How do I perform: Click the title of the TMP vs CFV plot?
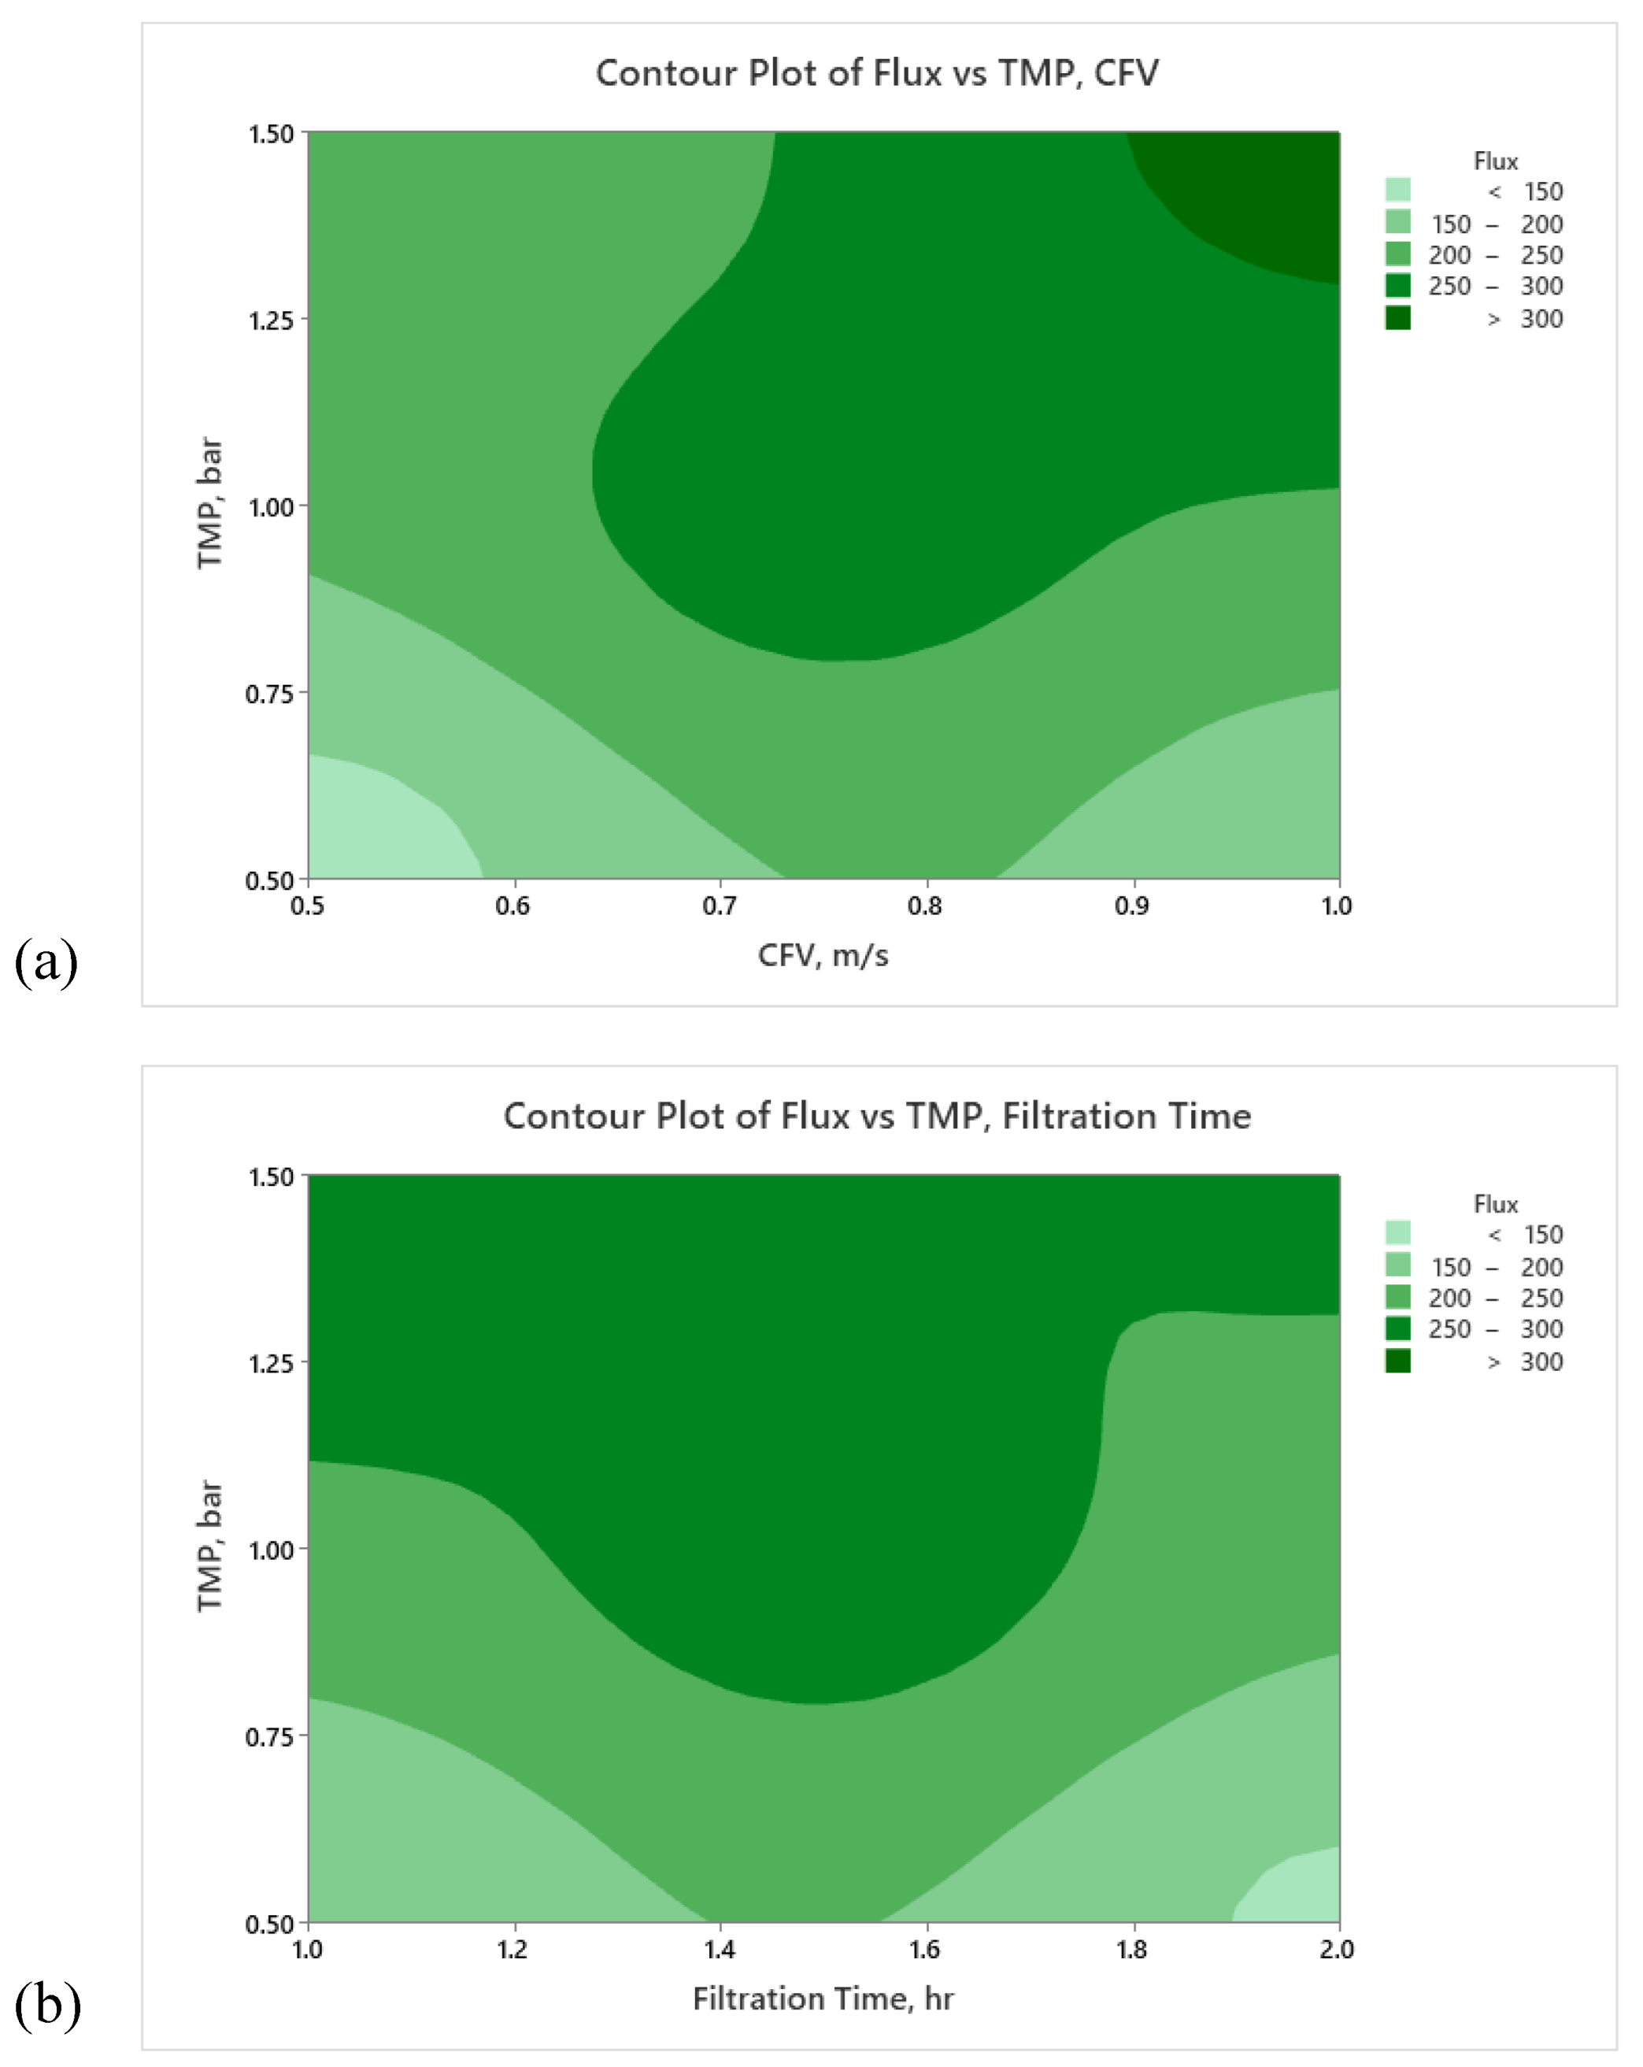click(x=876, y=74)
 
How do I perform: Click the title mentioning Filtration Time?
click(x=876, y=1116)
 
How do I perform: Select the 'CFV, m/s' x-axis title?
click(x=823, y=956)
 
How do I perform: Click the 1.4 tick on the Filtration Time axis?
click(x=719, y=1949)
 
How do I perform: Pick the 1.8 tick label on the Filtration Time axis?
click(x=1131, y=1949)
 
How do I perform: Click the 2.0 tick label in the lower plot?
click(x=1336, y=1949)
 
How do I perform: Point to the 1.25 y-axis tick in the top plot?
click(x=270, y=319)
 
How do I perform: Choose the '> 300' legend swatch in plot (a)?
click(x=1397, y=318)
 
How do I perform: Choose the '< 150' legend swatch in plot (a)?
click(x=1397, y=190)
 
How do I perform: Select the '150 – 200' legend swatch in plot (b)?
click(x=1397, y=1265)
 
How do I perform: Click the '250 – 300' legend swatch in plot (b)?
click(x=1397, y=1329)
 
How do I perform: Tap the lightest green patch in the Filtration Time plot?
click(x=1294, y=1894)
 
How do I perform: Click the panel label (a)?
click(x=46, y=961)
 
